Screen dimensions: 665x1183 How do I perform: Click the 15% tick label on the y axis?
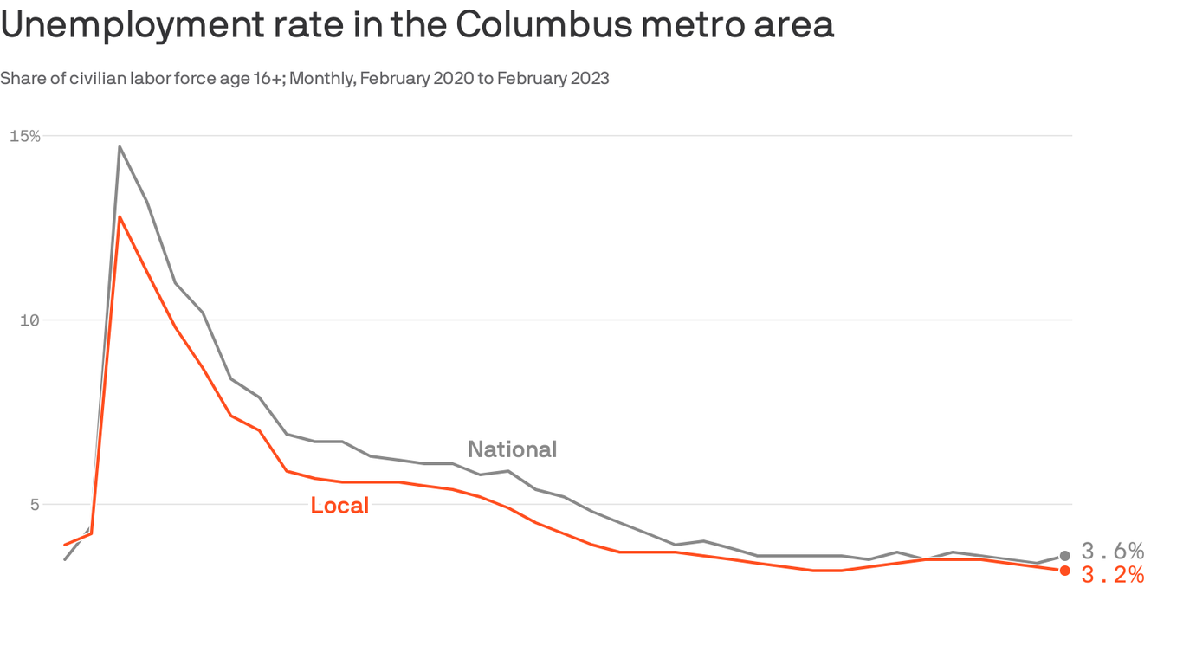coord(24,136)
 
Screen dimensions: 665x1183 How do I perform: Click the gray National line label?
coord(512,449)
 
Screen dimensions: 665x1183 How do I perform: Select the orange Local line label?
coord(339,506)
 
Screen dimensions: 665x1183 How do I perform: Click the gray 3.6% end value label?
coord(1113,552)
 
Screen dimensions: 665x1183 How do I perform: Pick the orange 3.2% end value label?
coord(1113,575)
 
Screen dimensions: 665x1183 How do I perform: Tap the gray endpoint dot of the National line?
coord(1064,556)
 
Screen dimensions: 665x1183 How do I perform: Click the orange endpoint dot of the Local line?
coord(1064,571)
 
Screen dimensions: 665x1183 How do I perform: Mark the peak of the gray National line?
coord(120,146)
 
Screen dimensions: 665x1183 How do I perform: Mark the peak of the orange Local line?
coord(120,216)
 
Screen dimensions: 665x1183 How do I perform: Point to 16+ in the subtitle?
coord(267,79)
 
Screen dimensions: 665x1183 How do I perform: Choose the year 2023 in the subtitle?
coord(591,79)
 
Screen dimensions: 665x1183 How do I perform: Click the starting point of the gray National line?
coord(65,559)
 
